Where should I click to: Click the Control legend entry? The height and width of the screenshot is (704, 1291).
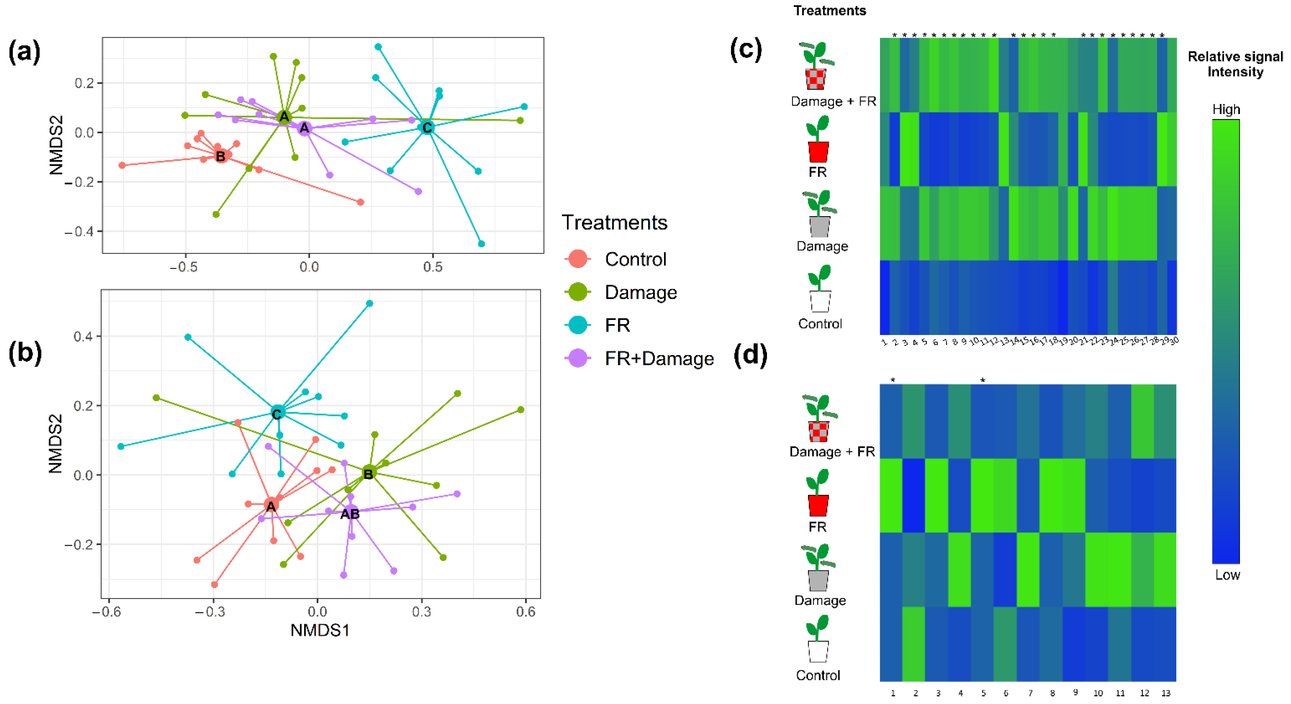point(635,259)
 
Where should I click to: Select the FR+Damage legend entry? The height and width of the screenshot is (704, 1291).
point(659,358)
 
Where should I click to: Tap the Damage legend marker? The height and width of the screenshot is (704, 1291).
point(578,292)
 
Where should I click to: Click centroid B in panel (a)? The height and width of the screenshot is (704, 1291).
point(220,156)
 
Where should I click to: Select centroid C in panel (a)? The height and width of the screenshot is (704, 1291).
point(427,128)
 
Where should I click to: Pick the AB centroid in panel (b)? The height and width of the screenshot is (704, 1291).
point(350,514)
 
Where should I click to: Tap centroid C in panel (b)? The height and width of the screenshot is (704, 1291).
point(277,413)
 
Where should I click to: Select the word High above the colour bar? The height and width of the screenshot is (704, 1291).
point(1226,110)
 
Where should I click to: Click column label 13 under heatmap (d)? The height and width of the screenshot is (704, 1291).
point(1166,693)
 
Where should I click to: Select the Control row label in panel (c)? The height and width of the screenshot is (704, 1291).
point(820,324)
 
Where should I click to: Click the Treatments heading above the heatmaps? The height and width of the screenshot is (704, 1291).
point(829,10)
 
